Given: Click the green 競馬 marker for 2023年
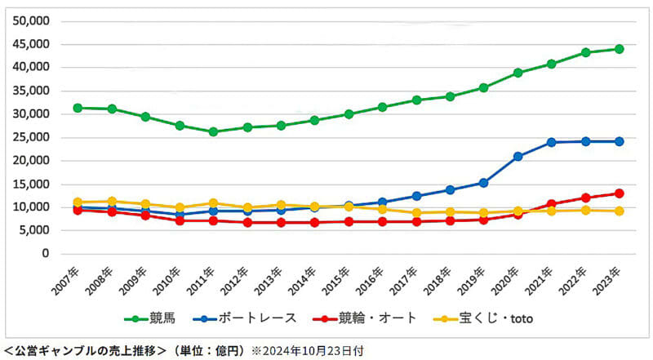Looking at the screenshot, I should (x=619, y=49).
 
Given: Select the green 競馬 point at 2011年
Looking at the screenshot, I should (x=214, y=131).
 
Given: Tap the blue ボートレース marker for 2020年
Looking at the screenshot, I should (x=518, y=156).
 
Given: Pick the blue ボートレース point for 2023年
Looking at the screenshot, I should (x=619, y=141).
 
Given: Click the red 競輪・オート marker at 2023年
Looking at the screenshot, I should (x=619, y=193).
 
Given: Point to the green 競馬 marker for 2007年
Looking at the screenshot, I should (x=78, y=108).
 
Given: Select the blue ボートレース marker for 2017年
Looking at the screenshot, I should (x=416, y=196).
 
